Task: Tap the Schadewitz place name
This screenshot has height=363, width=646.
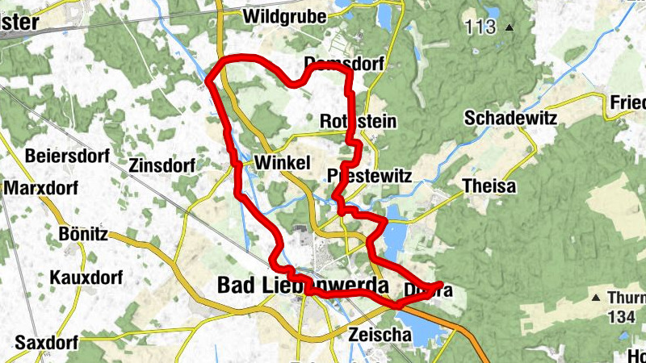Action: (x=511, y=118)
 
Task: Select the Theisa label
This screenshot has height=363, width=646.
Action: (x=489, y=186)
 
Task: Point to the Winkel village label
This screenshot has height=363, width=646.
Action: (x=282, y=163)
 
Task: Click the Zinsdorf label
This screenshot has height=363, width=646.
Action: (x=161, y=165)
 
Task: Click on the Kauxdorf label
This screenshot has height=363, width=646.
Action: (x=86, y=278)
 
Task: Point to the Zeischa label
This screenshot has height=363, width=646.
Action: (x=374, y=332)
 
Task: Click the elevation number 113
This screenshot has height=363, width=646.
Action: (x=480, y=27)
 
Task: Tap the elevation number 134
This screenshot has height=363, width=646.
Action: (x=622, y=317)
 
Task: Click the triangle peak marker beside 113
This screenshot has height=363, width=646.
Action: (x=509, y=27)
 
